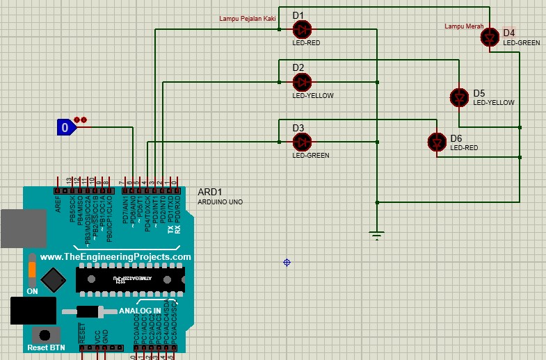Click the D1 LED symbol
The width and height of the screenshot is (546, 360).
click(x=302, y=29)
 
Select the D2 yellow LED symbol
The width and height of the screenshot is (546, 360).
click(x=302, y=82)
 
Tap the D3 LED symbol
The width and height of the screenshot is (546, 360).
click(x=302, y=142)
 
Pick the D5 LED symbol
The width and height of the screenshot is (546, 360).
click(x=459, y=97)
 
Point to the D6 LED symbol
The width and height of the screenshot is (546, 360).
click(x=437, y=142)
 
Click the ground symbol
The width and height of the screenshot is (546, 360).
click(x=376, y=236)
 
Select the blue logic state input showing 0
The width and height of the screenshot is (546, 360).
click(x=66, y=127)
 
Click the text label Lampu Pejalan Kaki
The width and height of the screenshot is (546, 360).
click(x=248, y=19)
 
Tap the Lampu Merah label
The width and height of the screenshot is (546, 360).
click(x=464, y=26)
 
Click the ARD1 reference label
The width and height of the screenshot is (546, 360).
click(x=210, y=192)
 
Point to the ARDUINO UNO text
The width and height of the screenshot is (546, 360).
click(x=220, y=202)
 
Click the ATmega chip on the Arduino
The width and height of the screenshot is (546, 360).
click(x=131, y=279)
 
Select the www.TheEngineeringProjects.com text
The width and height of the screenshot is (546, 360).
click(x=115, y=256)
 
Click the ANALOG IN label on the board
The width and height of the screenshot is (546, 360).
click(x=140, y=311)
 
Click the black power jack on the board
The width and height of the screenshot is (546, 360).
click(x=33, y=311)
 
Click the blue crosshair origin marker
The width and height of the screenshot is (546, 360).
click(x=287, y=262)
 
